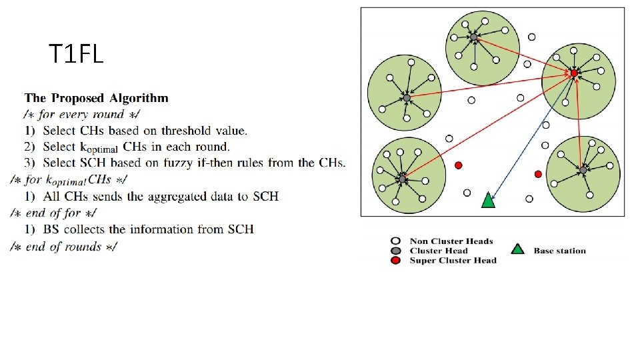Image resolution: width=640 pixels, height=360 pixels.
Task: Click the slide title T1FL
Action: pyautogui.click(x=76, y=54)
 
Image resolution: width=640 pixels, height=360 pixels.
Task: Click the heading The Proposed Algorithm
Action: pyautogui.click(x=97, y=98)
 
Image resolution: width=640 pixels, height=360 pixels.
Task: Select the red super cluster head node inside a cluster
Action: pyautogui.click(x=573, y=72)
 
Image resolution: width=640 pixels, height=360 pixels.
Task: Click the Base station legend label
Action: pyautogui.click(x=559, y=251)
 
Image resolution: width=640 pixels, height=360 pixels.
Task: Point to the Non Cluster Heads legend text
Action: pyautogui.click(x=451, y=241)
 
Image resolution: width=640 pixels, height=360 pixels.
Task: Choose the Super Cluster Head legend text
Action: pyautogui.click(x=453, y=261)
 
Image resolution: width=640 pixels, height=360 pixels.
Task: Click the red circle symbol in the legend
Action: pyautogui.click(x=396, y=261)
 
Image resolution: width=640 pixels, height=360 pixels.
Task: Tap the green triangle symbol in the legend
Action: pyautogui.click(x=517, y=249)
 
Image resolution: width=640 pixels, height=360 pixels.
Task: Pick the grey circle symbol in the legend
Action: pyautogui.click(x=396, y=251)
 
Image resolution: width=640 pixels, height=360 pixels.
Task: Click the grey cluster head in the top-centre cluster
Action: pyautogui.click(x=473, y=38)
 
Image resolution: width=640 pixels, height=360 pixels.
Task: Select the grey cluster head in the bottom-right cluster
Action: pyautogui.click(x=583, y=170)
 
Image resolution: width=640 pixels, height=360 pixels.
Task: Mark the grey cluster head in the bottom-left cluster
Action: pyautogui.click(x=402, y=179)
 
